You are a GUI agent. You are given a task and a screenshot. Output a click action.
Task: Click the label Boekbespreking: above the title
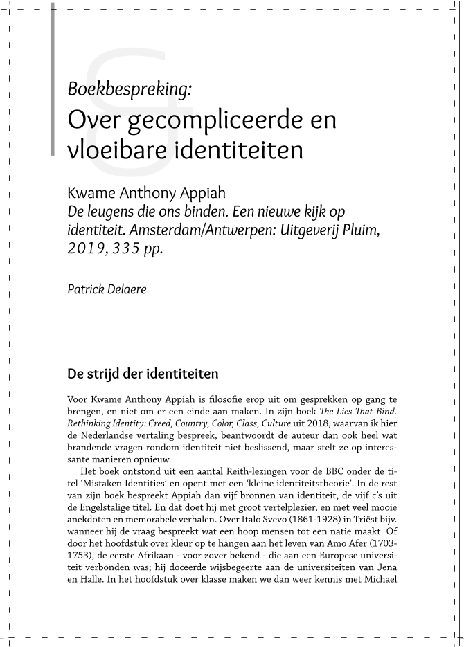(x=130, y=89)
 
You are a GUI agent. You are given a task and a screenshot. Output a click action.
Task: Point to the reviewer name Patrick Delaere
(x=107, y=289)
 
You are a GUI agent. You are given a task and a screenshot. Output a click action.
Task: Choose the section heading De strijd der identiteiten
(x=143, y=374)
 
